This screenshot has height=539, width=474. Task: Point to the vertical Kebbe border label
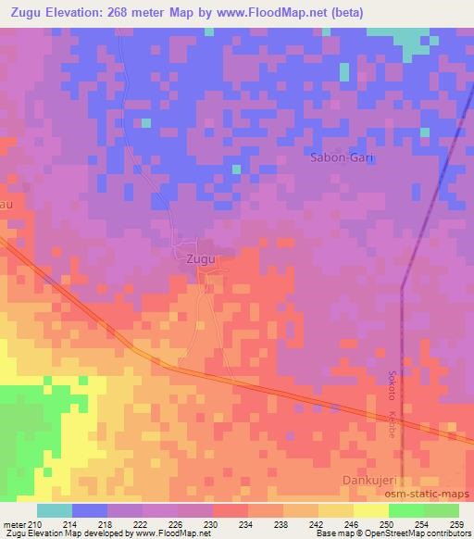coord(392,423)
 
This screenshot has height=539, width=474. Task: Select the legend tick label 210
coord(34,524)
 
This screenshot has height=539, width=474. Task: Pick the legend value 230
coord(212,524)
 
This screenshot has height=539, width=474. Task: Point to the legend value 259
coord(456,524)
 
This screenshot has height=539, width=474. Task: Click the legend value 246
coord(353,524)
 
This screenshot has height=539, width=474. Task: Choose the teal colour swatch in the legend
coord(55,510)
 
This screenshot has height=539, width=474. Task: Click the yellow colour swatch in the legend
coord(370,510)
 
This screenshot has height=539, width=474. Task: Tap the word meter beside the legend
coord(13,524)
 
